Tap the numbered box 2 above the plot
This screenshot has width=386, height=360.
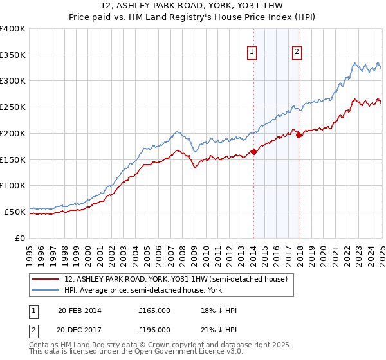pos(297,53)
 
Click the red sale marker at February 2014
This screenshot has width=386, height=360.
pos(253,152)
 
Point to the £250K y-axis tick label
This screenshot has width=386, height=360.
pos(13,107)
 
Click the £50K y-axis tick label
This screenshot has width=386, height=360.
pos(15,212)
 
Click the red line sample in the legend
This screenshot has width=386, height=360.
pos(46,278)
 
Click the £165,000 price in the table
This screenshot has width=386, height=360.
pos(154,310)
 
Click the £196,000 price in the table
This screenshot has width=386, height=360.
pos(154,330)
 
